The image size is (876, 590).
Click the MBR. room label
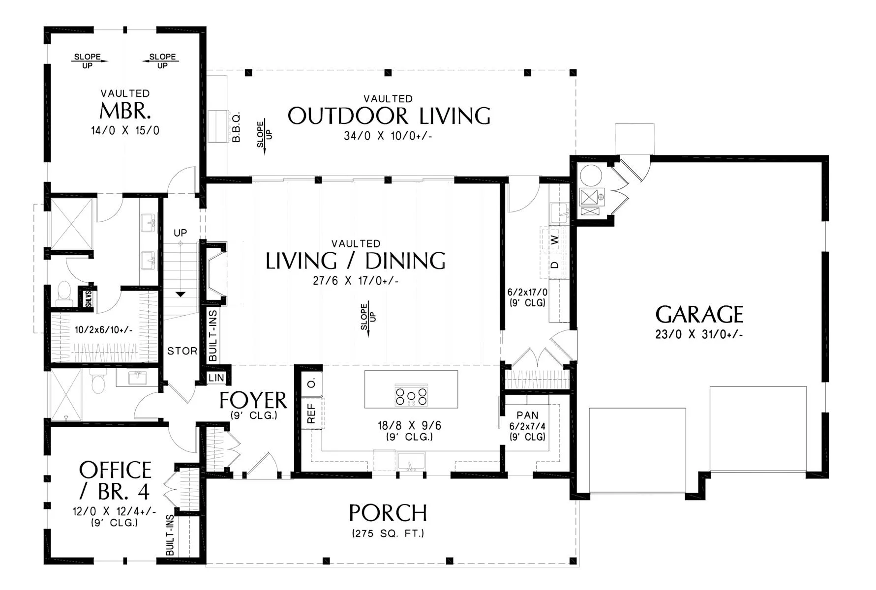click(125, 111)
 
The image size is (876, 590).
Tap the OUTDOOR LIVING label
click(389, 116)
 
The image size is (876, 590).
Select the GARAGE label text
click(699, 315)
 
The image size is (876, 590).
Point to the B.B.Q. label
click(236, 127)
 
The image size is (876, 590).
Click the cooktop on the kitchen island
click(411, 397)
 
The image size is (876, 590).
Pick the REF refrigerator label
click(311, 413)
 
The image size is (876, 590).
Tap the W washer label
click(554, 240)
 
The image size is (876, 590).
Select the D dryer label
click(554, 265)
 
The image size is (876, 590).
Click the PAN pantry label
click(527, 415)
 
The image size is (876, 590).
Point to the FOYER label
click(253, 401)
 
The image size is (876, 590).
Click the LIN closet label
click(216, 378)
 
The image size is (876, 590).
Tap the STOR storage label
click(182, 351)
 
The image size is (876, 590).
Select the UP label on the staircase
click(180, 233)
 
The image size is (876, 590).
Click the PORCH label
click(388, 513)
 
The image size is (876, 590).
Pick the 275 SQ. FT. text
click(388, 533)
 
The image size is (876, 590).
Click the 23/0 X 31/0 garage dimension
click(699, 334)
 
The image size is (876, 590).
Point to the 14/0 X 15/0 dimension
click(125, 130)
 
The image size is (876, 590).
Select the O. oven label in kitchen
click(311, 383)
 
